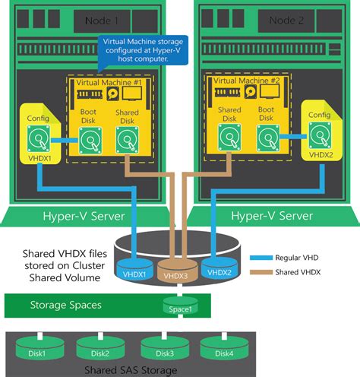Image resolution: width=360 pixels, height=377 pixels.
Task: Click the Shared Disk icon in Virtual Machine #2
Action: [230, 138]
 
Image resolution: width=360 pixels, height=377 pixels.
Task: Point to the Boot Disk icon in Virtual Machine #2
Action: [267, 138]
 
